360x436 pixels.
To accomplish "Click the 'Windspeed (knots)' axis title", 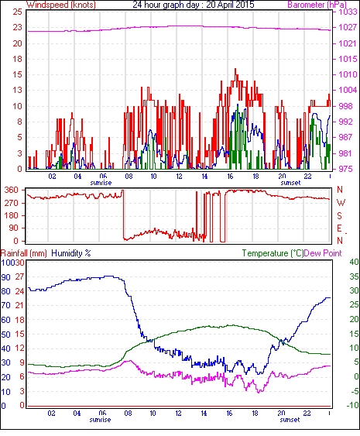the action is coord(61,5).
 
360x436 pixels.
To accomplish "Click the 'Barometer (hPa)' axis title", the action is coord(317,5).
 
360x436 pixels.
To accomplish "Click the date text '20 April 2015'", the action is coord(230,5).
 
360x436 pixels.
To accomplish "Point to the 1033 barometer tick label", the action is coord(348,12).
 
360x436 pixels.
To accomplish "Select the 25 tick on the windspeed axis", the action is coord(18,12).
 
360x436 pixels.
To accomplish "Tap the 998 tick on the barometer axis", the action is coord(346,106).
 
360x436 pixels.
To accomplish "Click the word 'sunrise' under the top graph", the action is coord(101,183).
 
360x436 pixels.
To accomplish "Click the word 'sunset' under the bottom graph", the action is coord(290,420).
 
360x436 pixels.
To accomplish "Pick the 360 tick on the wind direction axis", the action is coord(12,191).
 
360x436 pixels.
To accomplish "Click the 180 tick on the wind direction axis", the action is coord(12,215).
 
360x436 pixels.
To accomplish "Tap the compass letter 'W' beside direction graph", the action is coord(341,203).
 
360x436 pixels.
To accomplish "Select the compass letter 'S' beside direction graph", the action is coord(339,215).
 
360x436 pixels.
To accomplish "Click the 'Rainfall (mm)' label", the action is coord(24,253).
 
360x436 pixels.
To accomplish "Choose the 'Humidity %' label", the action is coord(71,253).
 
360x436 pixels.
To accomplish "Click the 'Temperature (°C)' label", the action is coord(273,253).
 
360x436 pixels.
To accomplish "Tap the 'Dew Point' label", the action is coord(323,253).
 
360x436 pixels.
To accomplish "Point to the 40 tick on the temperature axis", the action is coord(354,263).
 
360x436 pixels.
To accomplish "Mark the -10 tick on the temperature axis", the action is coord(352,406).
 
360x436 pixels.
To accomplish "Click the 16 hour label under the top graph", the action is coord(230,177).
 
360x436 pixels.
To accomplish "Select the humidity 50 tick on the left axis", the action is coord(6,335).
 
